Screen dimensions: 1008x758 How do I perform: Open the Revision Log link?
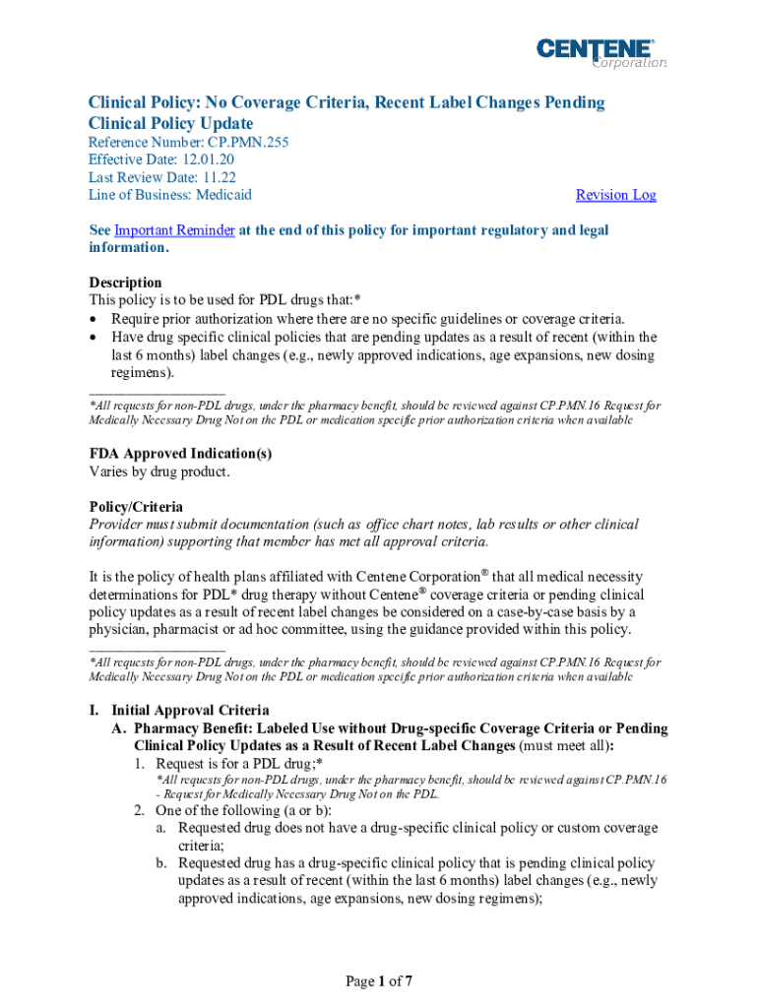[x=615, y=195]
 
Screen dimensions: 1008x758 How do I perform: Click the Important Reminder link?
[x=174, y=230]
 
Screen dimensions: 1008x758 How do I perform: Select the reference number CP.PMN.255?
[x=248, y=142]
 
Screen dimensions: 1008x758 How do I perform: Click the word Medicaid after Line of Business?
[x=223, y=195]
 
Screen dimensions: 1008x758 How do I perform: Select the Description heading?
[x=125, y=283]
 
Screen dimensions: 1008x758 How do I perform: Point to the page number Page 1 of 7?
[x=377, y=980]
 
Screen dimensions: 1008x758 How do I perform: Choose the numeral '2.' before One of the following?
[x=141, y=810]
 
